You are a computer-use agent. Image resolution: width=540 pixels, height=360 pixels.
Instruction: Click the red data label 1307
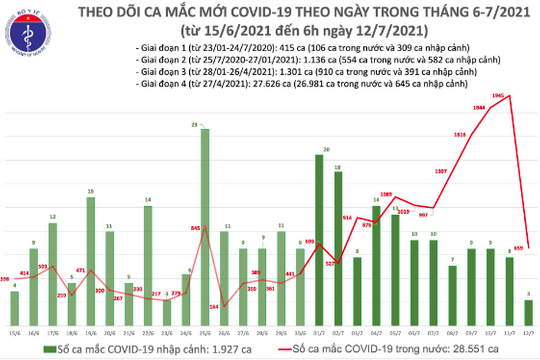pos(440,171)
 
